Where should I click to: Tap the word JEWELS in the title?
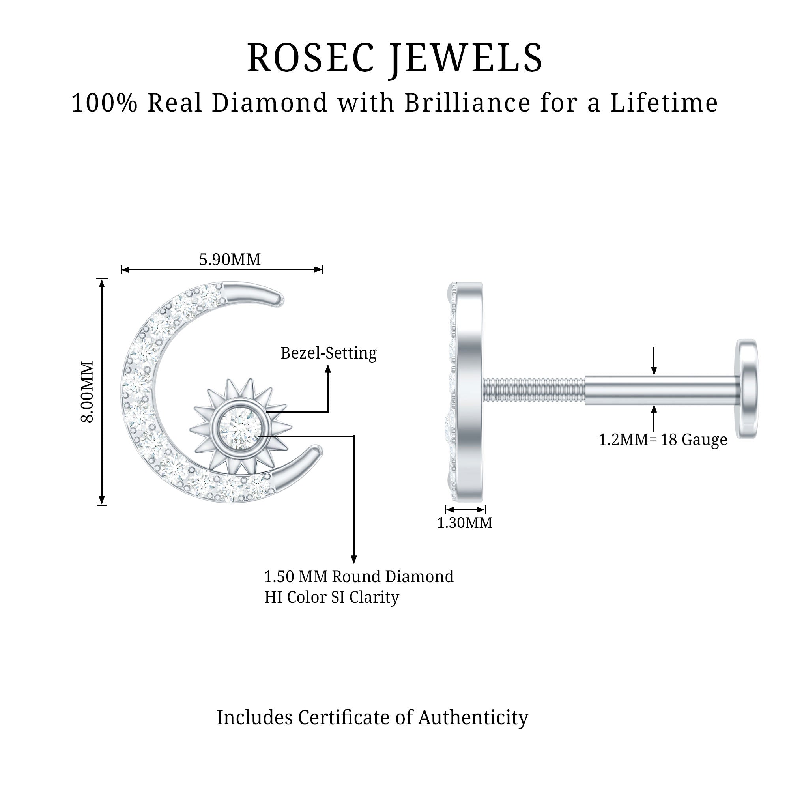coord(465,58)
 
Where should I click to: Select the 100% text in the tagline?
coord(105,103)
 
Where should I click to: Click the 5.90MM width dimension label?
coord(230,260)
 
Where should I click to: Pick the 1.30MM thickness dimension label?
coord(465,523)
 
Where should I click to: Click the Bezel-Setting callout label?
coord(328,353)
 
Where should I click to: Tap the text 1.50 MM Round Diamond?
coord(359,577)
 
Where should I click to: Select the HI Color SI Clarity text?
coord(332,597)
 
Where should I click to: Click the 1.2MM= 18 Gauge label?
coord(663,440)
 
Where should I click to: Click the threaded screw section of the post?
coord(534,391)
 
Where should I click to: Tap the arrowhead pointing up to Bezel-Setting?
coord(328,369)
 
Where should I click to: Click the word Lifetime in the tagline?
coord(664,103)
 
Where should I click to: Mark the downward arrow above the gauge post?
coord(654,370)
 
